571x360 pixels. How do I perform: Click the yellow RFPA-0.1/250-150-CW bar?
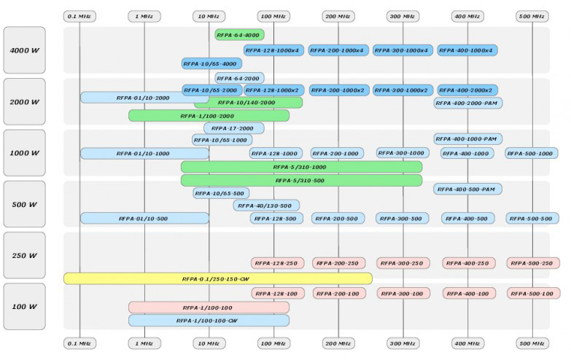[217, 278]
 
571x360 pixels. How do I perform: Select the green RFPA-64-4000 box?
[239, 34]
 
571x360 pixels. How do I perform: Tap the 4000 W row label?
[24, 51]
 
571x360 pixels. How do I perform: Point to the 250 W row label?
[24, 257]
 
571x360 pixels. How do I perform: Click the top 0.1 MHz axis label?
[79, 15]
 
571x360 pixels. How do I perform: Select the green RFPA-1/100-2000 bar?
[209, 115]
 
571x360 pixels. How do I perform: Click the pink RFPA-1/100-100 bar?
[209, 308]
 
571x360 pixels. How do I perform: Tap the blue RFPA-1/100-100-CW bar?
[209, 321]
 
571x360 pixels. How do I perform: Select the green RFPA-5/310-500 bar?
[301, 180]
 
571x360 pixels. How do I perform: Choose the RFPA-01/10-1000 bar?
[144, 154]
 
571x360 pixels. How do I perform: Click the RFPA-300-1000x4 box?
[403, 50]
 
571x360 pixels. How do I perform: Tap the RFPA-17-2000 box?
[233, 128]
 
